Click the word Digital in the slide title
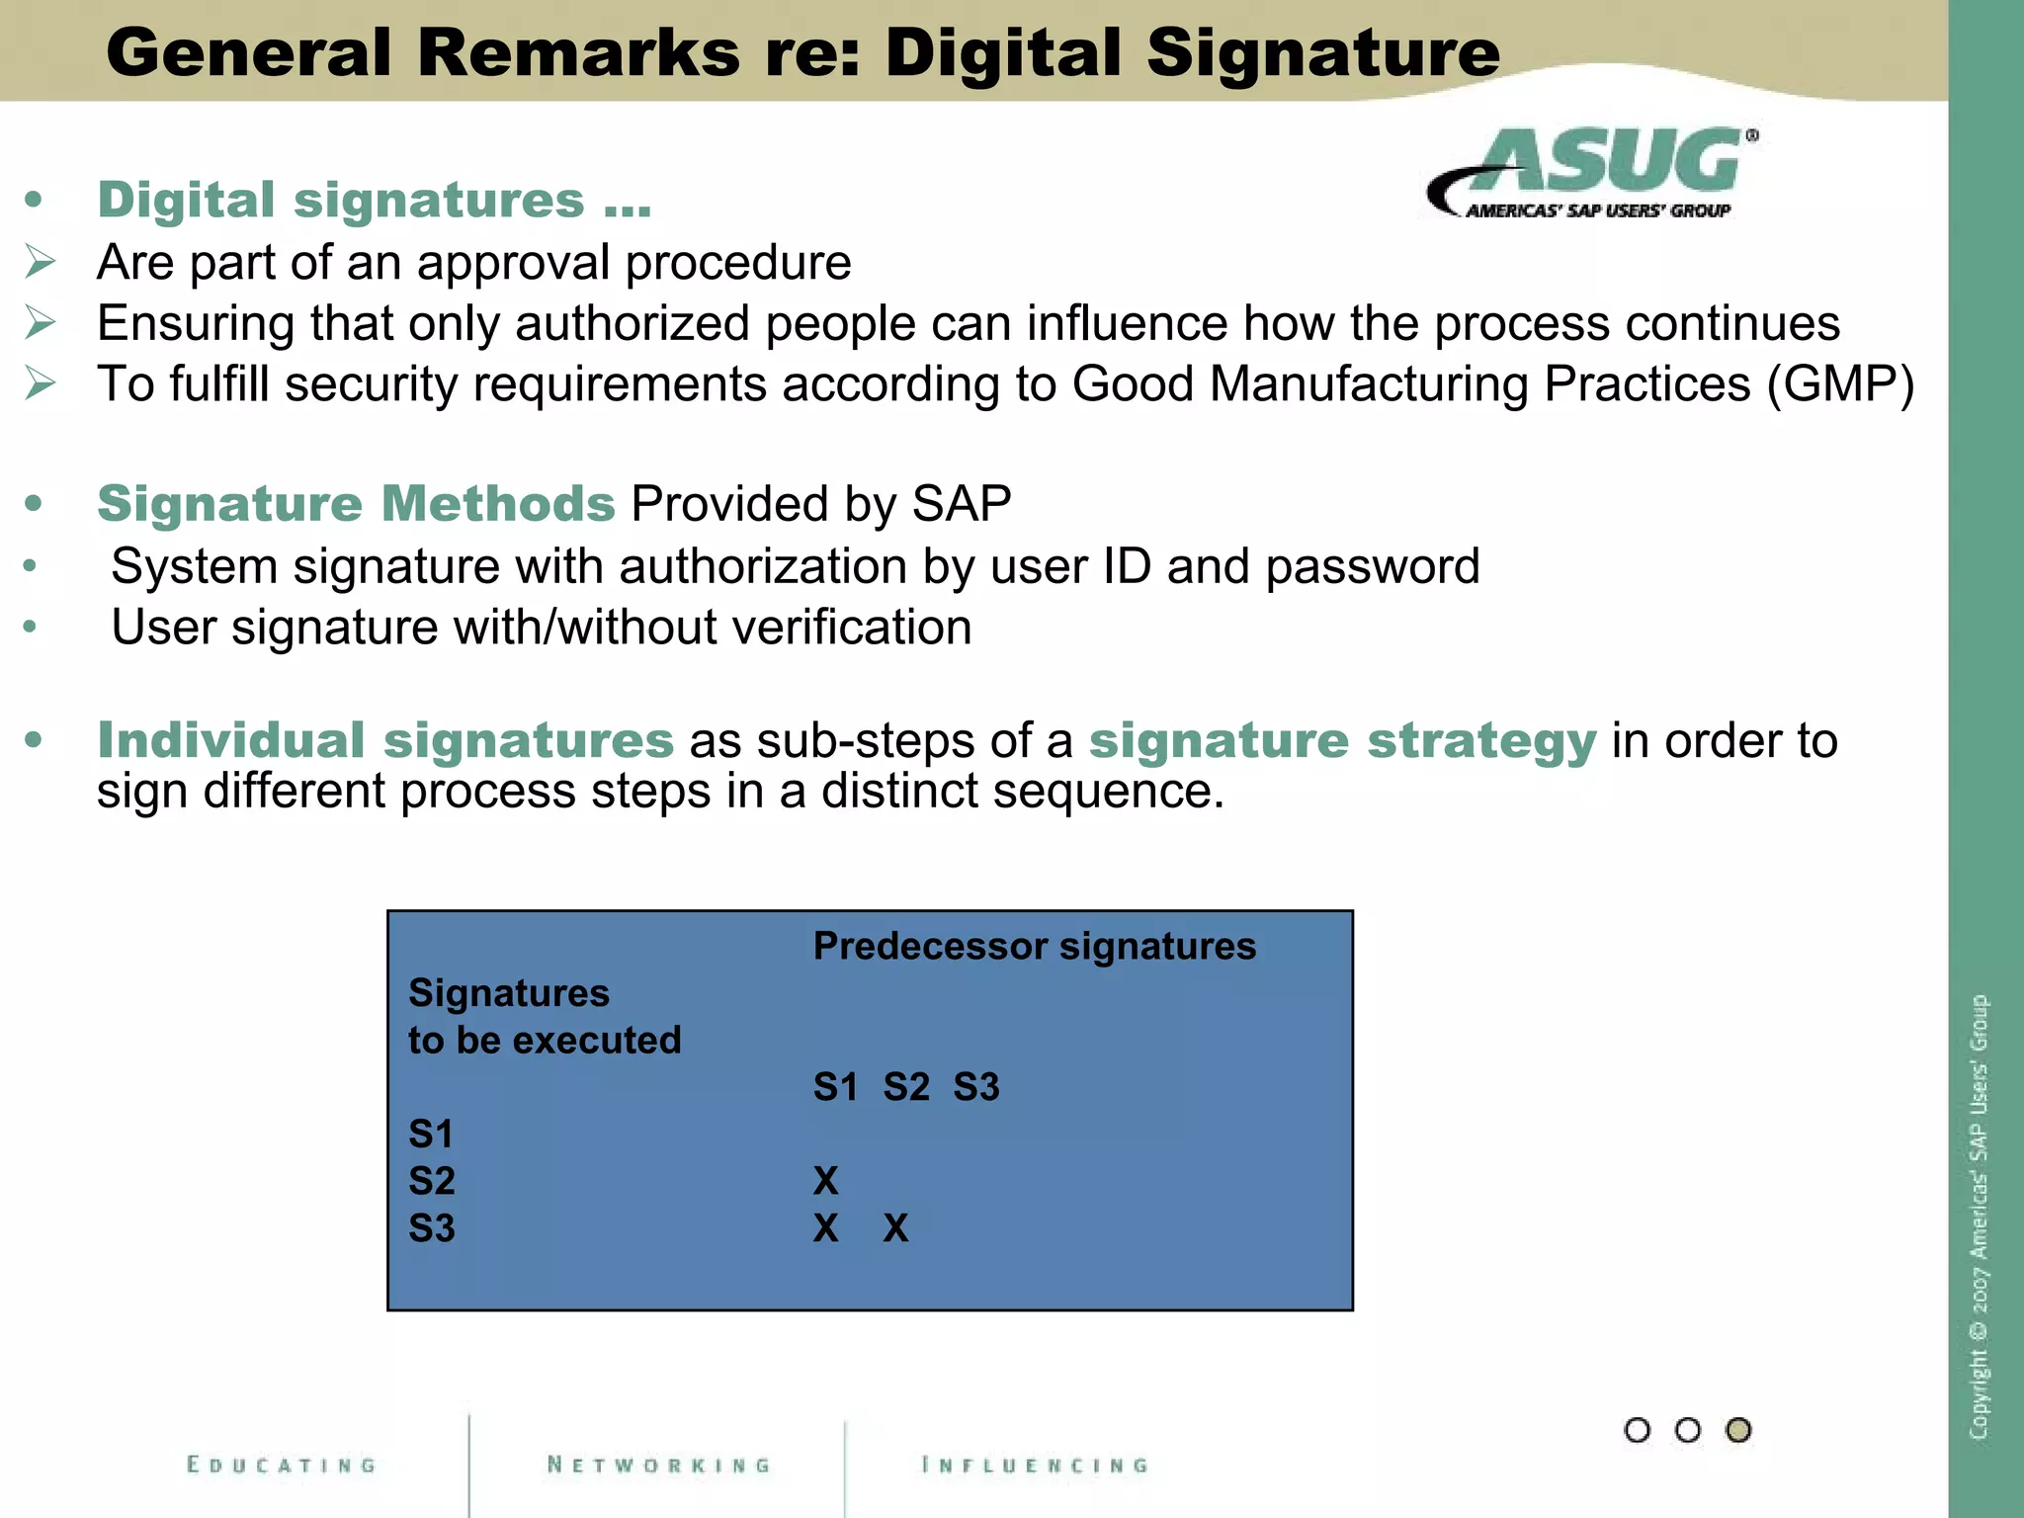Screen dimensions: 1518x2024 pos(1004,53)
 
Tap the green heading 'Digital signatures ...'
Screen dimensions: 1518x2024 pos(374,201)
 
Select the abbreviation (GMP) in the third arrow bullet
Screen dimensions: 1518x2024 pos(1840,384)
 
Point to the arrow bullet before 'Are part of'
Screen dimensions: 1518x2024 pos(41,263)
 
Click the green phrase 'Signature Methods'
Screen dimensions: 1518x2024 pos(356,504)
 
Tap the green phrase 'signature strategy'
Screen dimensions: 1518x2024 pos(1342,741)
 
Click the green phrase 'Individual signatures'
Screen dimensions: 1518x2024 pos(385,741)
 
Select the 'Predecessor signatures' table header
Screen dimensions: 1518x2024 pos(1034,947)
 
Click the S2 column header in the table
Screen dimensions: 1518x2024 pos(906,1087)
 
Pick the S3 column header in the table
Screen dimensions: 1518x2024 pos(976,1087)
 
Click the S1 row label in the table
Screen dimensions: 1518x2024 pos(431,1135)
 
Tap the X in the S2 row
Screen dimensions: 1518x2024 pos(825,1181)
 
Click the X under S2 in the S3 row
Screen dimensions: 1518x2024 pos(895,1228)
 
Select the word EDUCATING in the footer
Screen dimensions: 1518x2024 pos(282,1465)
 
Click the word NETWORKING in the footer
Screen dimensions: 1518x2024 pos(659,1465)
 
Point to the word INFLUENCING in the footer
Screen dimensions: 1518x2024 pos(1035,1465)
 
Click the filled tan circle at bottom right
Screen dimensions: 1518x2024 pos(1738,1430)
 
